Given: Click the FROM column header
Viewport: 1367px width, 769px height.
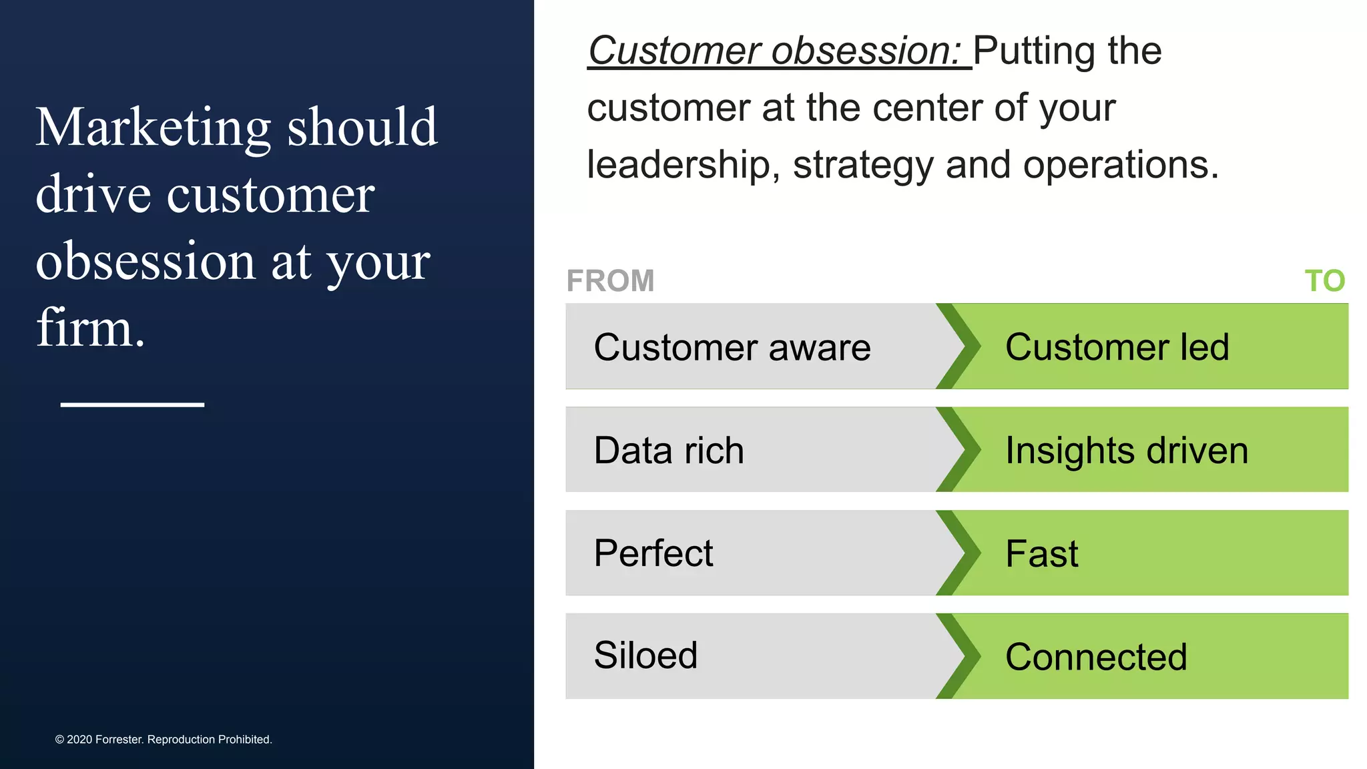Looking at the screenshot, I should tap(610, 281).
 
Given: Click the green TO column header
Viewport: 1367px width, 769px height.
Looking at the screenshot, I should tap(1324, 281).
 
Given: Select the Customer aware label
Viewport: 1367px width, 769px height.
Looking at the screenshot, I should tap(732, 347).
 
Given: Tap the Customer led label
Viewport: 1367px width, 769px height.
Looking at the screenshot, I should tap(1117, 347).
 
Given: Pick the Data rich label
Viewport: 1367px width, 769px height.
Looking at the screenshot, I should tap(669, 451).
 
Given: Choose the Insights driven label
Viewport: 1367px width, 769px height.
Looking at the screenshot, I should tap(1127, 451).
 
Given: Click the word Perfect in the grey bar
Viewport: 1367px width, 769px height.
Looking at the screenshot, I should tap(653, 553).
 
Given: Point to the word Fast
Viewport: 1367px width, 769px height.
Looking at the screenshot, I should tap(1041, 554).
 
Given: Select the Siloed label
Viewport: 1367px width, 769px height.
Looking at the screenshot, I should tap(645, 655).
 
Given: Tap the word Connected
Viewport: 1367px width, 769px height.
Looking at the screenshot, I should tap(1096, 657).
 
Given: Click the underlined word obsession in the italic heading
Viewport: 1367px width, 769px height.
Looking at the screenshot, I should tap(865, 51).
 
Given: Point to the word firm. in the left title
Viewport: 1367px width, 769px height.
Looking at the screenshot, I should tap(90, 328).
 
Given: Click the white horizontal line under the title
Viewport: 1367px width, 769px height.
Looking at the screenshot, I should tap(132, 405).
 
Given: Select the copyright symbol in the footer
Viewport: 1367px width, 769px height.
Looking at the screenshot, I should tap(59, 740).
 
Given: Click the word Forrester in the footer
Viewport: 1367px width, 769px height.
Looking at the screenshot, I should tap(119, 740).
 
